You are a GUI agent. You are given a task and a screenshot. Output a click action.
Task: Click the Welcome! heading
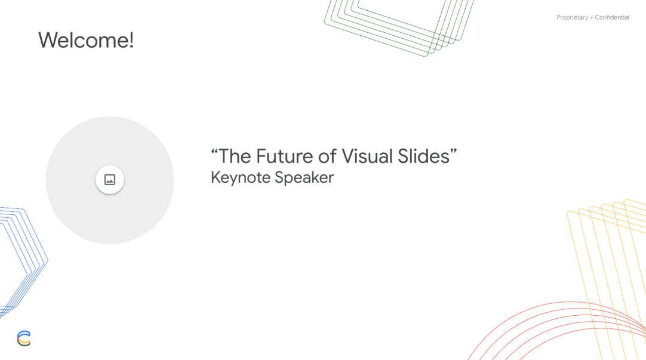(x=85, y=41)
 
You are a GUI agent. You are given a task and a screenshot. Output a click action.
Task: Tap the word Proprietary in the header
(x=572, y=18)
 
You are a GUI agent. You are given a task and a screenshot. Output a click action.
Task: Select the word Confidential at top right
(x=612, y=18)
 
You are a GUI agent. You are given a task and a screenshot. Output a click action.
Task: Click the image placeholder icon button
(x=110, y=180)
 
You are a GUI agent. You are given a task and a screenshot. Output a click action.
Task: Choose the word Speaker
(x=304, y=178)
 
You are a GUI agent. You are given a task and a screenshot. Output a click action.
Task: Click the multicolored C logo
(x=24, y=339)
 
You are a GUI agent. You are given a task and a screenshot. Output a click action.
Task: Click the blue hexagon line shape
(x=24, y=260)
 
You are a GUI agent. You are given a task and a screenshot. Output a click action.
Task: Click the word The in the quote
(x=235, y=156)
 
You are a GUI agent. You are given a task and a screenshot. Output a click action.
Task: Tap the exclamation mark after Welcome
(x=131, y=41)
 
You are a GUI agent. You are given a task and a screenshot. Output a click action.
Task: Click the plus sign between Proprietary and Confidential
(x=592, y=18)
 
